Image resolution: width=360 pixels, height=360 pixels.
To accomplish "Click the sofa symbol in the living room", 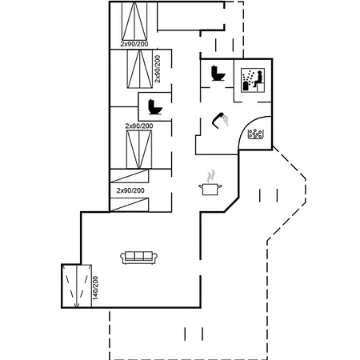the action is (138, 258).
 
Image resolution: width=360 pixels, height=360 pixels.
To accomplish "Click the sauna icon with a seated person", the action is (253, 80).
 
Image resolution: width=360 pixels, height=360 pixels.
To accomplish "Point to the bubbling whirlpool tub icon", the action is (255, 134).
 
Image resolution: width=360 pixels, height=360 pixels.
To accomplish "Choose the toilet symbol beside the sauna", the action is (218, 73).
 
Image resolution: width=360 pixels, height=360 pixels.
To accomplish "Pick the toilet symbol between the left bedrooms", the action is (155, 107).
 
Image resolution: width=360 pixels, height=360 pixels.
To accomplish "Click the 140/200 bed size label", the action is (95, 288).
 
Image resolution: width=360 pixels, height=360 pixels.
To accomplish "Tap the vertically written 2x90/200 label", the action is (158, 69).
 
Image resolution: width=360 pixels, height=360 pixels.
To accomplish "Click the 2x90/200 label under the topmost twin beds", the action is (134, 44).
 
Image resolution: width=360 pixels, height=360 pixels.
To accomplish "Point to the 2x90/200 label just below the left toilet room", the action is (139, 126).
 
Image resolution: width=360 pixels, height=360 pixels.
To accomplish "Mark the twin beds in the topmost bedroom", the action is (134, 21).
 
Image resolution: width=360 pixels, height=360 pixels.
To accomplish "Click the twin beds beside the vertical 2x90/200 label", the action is (139, 69).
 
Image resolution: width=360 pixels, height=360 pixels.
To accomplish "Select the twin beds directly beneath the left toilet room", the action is (139, 150).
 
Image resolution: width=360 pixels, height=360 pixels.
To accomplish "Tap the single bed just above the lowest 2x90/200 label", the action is (130, 176).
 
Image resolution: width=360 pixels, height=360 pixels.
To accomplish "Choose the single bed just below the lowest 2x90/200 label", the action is (130, 205).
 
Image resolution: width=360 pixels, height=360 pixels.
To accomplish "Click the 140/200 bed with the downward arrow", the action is (77, 286).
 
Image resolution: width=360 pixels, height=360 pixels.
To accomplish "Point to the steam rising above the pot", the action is (211, 176).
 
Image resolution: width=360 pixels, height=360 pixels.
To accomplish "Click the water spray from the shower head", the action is (226, 120).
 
